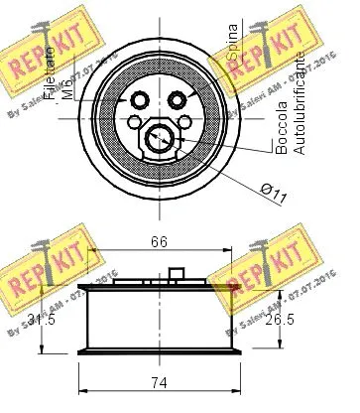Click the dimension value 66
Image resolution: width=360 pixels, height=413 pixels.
point(158,239)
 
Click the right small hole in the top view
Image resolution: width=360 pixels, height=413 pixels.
point(181,99)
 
